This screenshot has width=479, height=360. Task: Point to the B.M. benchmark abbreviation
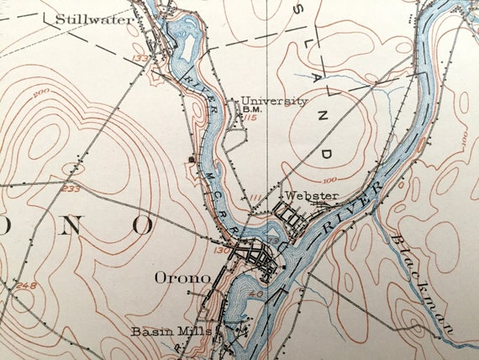(251, 109)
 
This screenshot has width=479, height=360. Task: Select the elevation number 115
(250, 118)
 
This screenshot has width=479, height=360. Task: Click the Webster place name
(311, 196)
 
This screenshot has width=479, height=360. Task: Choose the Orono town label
(181, 277)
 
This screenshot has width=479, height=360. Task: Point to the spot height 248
(26, 287)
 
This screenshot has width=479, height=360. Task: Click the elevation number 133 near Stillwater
(139, 58)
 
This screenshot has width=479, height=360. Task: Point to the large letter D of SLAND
(326, 152)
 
